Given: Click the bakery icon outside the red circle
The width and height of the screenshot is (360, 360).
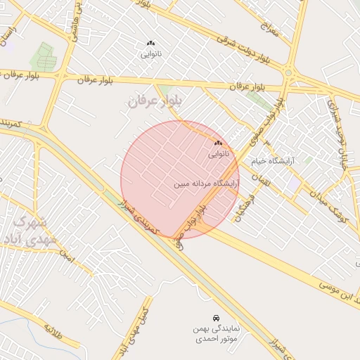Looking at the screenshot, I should [x=150, y=44].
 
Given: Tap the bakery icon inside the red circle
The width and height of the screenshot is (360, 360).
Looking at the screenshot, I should [x=217, y=143].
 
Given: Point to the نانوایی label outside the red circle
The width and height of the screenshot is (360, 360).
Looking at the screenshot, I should [x=150, y=53].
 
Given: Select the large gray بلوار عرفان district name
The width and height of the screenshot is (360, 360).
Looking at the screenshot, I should [x=155, y=101].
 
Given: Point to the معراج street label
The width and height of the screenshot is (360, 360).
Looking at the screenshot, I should [x=268, y=28].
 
